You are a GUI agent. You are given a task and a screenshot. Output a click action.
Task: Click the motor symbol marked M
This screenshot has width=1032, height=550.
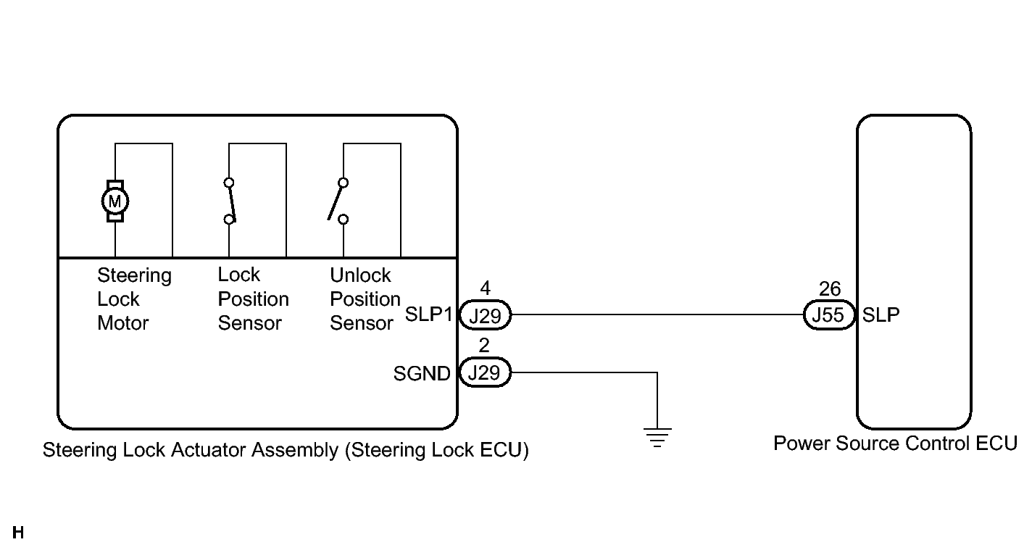coord(115,201)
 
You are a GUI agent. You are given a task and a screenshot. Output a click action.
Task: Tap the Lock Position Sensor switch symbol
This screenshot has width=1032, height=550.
coord(230,201)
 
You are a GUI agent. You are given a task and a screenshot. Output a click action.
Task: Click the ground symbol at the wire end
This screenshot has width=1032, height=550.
coord(657,438)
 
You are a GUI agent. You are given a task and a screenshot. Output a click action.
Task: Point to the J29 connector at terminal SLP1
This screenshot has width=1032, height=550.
coord(485,315)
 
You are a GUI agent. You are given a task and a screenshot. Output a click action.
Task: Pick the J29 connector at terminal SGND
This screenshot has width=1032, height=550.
coord(485,372)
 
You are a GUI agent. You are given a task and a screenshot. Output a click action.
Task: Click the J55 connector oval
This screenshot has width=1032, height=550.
coord(829,315)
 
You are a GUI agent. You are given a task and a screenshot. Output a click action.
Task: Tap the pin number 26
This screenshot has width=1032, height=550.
coord(830,289)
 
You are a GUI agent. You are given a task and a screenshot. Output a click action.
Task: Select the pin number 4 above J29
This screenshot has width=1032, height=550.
coord(485,288)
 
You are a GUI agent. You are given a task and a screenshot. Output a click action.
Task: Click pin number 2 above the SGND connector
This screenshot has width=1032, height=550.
coord(484,346)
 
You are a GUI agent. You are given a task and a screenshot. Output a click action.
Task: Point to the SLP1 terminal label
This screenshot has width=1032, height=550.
coord(428,314)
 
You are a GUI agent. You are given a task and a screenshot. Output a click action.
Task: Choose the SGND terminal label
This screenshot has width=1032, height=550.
coord(422,374)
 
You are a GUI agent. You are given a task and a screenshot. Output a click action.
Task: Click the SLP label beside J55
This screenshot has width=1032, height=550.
coord(881,315)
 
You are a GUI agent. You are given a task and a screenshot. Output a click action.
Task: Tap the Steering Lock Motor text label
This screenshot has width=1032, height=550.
coord(134,299)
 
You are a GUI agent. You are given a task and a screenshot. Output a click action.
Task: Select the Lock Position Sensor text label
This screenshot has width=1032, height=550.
coord(253,299)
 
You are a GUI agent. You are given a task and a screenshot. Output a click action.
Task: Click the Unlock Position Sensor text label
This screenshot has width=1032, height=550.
coord(365,299)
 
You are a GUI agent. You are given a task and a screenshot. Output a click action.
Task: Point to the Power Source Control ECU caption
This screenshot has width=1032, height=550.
coord(895,443)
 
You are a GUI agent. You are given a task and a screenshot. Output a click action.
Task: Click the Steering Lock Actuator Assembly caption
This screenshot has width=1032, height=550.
coord(286,450)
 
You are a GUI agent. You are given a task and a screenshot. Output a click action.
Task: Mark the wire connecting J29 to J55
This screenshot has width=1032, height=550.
coord(657,315)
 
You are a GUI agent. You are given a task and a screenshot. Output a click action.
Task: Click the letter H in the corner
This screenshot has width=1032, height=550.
coord(18,533)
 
